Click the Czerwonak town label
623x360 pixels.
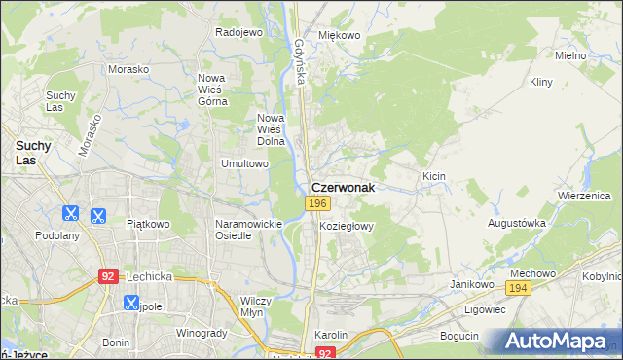343,186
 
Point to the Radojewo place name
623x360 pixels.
239,32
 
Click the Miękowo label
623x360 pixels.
340,35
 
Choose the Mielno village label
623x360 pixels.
570,55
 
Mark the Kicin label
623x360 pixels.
433,176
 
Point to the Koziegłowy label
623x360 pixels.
347,225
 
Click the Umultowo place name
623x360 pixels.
244,163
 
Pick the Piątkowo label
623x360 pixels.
148,224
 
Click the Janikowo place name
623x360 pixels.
468,284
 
